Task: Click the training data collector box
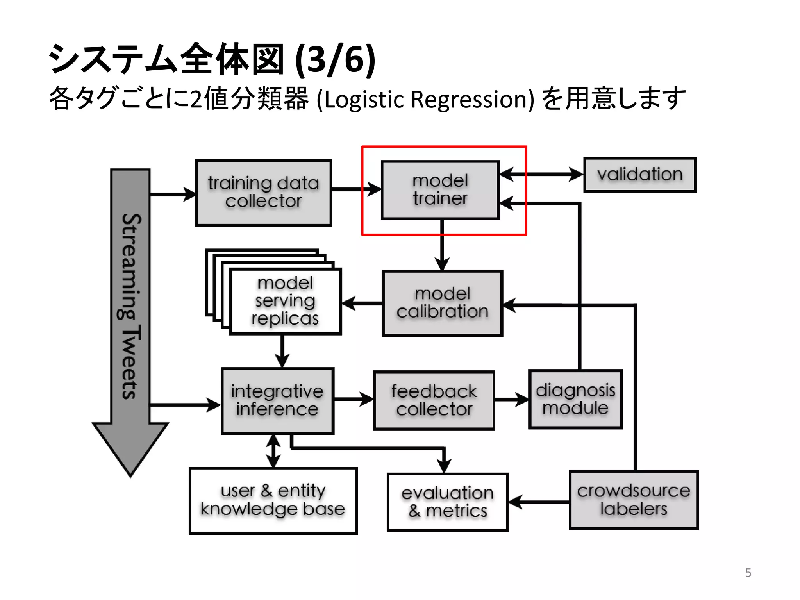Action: (263, 193)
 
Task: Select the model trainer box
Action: (440, 190)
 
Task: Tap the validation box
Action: (640, 175)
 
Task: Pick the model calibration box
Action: (442, 303)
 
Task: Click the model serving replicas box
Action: (285, 301)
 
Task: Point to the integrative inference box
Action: (277, 400)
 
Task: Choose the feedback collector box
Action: (434, 400)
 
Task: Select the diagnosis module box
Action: (575, 399)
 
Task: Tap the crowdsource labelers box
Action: (634, 500)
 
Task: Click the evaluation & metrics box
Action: (448, 502)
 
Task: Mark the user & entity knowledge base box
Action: (273, 500)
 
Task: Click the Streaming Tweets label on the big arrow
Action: (130, 307)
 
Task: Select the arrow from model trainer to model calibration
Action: (442, 244)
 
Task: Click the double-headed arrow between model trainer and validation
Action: (541, 174)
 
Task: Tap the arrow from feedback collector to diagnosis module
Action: (511, 399)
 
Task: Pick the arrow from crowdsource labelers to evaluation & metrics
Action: (539, 502)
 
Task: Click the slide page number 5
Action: (748, 573)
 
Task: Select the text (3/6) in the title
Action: (335, 59)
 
